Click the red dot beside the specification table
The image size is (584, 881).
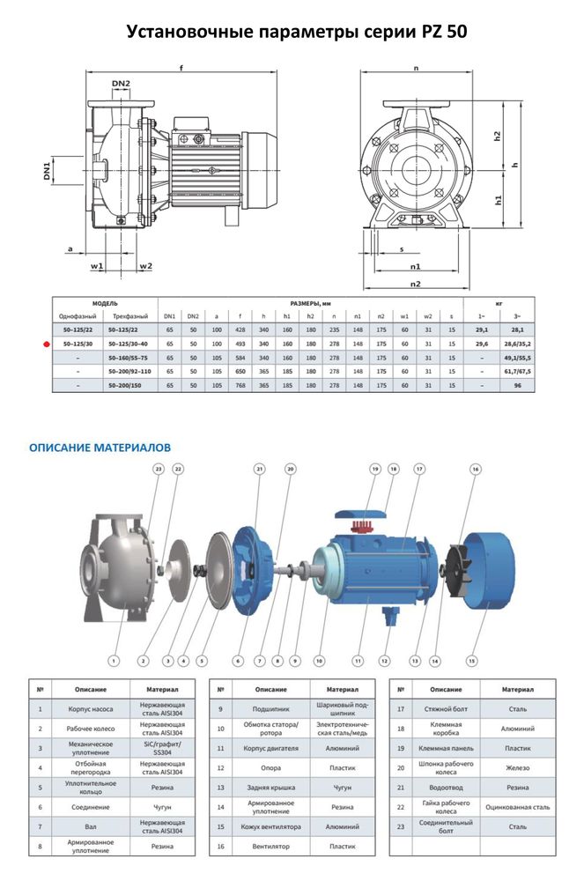(47, 344)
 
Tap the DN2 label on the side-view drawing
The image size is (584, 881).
(122, 85)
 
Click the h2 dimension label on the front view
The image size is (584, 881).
(498, 137)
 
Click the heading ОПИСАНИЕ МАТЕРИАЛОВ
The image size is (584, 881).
(100, 448)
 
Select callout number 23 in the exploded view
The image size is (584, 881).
(158, 469)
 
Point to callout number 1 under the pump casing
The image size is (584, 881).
(114, 659)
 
